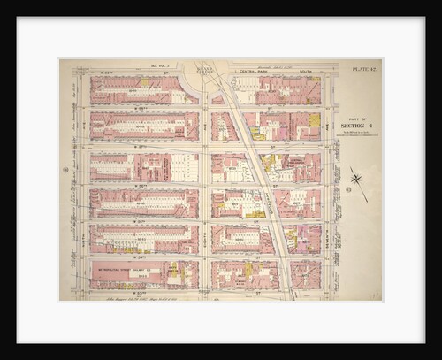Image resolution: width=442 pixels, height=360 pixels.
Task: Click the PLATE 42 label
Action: pyautogui.click(x=363, y=68)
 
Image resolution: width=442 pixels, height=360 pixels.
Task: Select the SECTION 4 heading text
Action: pyautogui.click(x=357, y=126)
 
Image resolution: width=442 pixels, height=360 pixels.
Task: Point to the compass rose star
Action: pyautogui.click(x=357, y=180)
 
